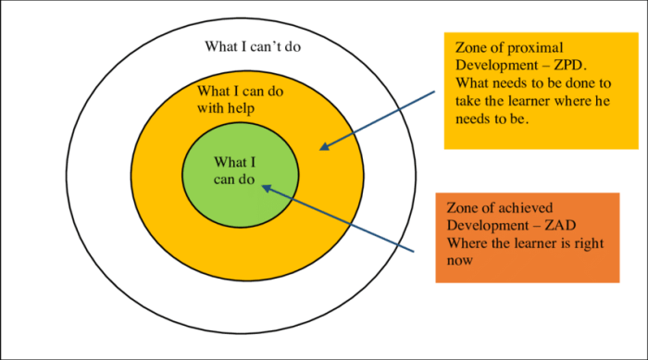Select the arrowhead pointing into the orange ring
click(x=324, y=145)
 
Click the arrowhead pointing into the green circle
click(x=267, y=187)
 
